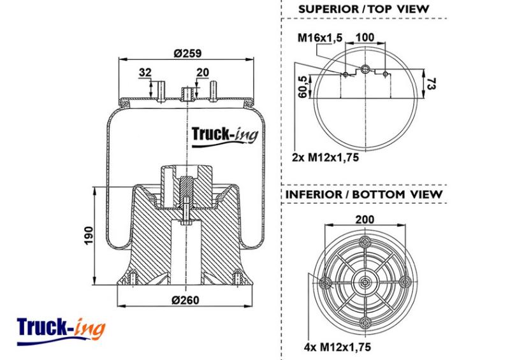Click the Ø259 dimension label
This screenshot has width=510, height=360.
[187, 53]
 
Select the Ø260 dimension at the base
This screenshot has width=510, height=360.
[186, 300]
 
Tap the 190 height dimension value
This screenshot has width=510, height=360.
[89, 236]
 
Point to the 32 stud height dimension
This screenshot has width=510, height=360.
[145, 72]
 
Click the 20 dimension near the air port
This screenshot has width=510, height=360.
[203, 72]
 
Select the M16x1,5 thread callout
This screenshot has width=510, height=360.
[320, 38]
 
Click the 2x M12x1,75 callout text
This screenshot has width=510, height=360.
[325, 157]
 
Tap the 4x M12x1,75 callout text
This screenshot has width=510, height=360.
[337, 347]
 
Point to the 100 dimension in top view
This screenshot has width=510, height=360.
[365, 38]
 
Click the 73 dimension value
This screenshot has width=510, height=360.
[431, 83]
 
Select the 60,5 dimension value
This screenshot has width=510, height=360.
[303, 87]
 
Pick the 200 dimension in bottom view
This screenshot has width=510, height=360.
[365, 220]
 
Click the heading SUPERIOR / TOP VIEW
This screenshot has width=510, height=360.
[363, 9]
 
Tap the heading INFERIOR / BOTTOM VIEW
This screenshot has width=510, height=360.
[364, 194]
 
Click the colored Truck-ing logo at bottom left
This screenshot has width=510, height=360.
[61, 331]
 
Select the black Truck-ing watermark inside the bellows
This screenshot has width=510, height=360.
[225, 136]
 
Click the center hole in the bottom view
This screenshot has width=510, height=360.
[365, 282]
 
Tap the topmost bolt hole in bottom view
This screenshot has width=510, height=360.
[365, 242]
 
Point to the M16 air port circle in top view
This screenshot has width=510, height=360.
[365, 68]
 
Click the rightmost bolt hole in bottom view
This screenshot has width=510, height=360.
[405, 282]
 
